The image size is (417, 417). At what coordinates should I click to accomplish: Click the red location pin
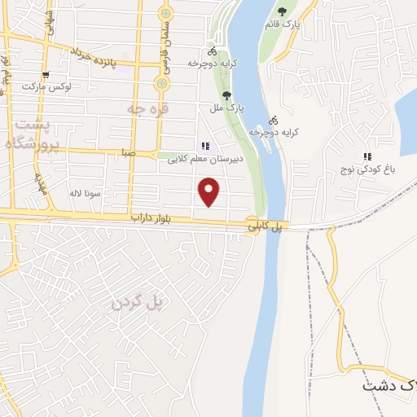pyautogui.click(x=210, y=191)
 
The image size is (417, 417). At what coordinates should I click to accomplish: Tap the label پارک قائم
pyautogui.click(x=282, y=24)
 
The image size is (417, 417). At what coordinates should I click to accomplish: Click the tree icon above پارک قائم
pyautogui.click(x=283, y=11)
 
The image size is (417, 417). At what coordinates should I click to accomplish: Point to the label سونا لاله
pyautogui.click(x=84, y=194)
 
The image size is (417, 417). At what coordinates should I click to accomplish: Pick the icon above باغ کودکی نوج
pyautogui.click(x=367, y=157)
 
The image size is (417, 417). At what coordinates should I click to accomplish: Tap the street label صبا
pyautogui.click(x=126, y=151)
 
